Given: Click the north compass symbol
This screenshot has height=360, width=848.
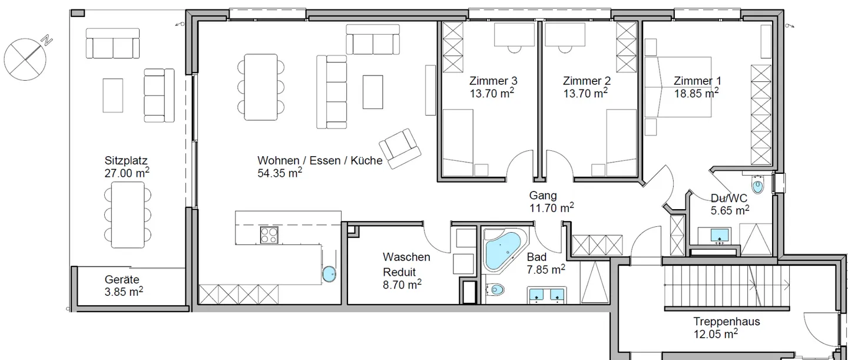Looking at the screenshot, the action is [x=25, y=59].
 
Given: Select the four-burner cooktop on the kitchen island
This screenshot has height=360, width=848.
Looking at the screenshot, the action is [x=269, y=235].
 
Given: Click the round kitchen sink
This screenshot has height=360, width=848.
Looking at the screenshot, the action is [x=329, y=274].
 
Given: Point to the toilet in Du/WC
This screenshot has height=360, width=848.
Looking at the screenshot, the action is [x=757, y=185].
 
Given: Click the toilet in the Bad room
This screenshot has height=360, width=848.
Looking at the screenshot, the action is [x=495, y=290].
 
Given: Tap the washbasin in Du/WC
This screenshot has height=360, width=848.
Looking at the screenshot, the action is [x=720, y=236].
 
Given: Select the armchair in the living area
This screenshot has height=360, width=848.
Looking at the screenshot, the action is [x=400, y=148].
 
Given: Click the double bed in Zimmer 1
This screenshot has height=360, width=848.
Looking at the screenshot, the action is [x=678, y=87].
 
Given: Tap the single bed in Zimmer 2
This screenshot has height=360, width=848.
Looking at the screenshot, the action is [x=621, y=143].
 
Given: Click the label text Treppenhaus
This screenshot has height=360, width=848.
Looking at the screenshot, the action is [x=727, y=321].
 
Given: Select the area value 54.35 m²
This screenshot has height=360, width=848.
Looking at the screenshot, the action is [x=280, y=173].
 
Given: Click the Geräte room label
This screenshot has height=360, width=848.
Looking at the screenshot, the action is [x=122, y=280].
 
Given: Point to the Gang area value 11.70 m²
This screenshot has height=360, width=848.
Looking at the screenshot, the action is [x=552, y=207].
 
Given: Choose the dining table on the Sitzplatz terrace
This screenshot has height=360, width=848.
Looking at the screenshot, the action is [x=128, y=215].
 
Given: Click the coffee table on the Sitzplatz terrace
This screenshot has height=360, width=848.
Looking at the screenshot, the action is [x=113, y=95].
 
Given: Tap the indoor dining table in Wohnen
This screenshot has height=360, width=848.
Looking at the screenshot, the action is [x=260, y=87].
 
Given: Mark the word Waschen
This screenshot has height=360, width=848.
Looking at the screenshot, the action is [x=406, y=257].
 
